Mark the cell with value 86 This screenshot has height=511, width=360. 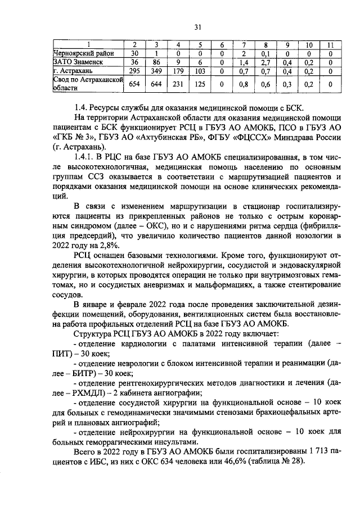coord(156,62)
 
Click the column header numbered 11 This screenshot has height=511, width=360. coord(330,44)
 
